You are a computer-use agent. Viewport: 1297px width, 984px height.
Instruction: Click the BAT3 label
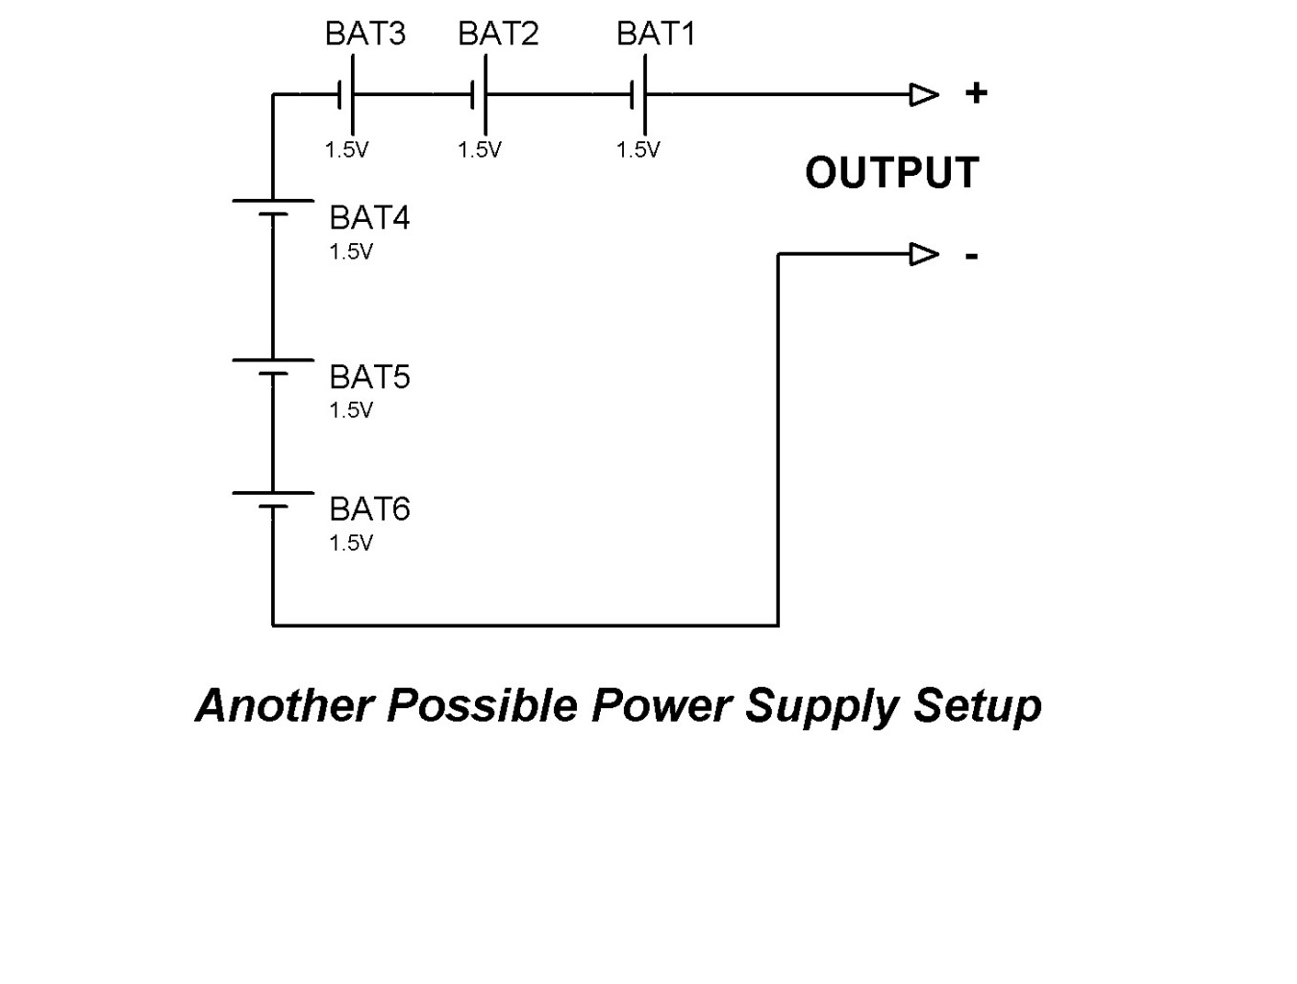(x=365, y=33)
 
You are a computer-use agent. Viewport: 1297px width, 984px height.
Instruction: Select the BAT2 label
(x=498, y=33)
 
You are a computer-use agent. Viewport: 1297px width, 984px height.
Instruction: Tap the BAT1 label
(x=657, y=33)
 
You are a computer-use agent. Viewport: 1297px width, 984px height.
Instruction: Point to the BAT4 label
(x=369, y=217)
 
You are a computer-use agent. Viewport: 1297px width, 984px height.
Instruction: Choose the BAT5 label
(x=369, y=377)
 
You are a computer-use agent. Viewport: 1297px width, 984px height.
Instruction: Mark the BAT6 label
(x=369, y=509)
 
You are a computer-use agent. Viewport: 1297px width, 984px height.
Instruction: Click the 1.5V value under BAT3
(x=347, y=150)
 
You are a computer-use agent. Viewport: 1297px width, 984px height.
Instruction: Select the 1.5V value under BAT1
(x=638, y=150)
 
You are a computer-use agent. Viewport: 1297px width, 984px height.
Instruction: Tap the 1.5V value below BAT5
(x=351, y=410)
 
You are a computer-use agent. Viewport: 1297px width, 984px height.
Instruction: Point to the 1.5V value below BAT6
(x=351, y=543)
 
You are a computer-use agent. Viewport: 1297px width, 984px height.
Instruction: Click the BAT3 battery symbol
(x=347, y=94)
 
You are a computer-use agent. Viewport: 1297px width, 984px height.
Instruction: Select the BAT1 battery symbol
(x=638, y=94)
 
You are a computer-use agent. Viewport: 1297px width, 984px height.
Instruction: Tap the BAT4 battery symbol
(x=273, y=208)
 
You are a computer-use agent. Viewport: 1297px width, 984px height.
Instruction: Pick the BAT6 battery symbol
(x=273, y=500)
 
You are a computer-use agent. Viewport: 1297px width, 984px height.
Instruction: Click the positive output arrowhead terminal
(x=924, y=94)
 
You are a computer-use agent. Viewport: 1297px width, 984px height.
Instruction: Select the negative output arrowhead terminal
(x=924, y=255)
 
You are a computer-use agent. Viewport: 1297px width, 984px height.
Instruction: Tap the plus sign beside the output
(x=976, y=93)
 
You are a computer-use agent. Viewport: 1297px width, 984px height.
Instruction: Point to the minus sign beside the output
(x=971, y=257)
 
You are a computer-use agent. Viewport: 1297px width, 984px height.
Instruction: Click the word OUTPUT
(x=892, y=173)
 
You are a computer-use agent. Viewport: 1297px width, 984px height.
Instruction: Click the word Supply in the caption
(x=822, y=707)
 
